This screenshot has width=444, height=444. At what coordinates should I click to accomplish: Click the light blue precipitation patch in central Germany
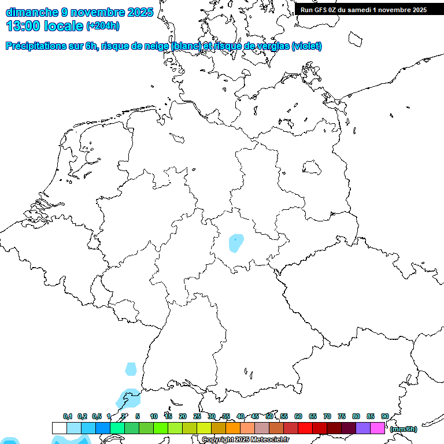(236, 243)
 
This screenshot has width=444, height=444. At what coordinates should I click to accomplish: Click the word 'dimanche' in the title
(32, 12)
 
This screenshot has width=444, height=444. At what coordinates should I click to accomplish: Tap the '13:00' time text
(23, 26)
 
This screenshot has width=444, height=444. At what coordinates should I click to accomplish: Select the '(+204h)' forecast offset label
(103, 26)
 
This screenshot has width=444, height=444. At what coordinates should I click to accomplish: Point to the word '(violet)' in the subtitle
(307, 46)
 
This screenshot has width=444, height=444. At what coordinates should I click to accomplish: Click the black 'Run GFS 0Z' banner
(364, 10)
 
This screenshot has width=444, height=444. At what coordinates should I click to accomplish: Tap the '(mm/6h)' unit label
(404, 429)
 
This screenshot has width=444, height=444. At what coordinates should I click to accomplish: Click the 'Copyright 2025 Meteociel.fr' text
(245, 440)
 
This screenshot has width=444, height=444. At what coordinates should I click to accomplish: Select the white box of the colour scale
(59, 428)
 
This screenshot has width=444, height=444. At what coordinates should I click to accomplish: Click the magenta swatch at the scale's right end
(378, 428)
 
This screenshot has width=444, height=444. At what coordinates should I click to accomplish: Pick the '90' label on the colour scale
(385, 416)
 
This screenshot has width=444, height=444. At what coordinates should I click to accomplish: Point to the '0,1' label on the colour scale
(68, 416)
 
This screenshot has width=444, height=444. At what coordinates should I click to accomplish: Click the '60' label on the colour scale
(298, 416)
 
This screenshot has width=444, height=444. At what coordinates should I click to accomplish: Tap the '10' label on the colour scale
(154, 416)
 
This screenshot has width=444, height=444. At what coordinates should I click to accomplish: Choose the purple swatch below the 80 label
(363, 428)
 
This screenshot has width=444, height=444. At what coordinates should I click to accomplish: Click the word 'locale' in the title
(64, 26)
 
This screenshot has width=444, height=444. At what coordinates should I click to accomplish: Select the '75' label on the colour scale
(342, 416)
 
